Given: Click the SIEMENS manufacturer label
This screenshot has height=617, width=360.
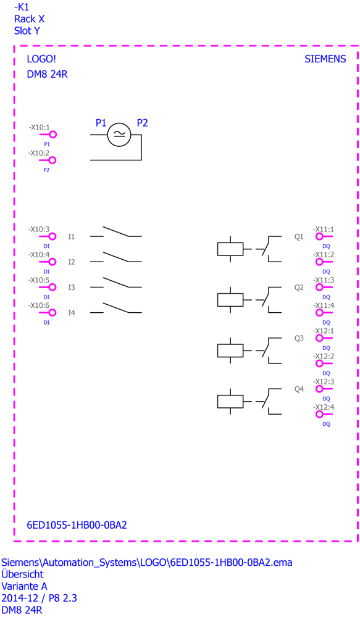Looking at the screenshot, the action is pos(325,59).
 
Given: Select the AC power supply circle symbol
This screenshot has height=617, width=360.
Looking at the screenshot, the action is pos(119,135).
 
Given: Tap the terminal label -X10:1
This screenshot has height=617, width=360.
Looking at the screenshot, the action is pos(39,128).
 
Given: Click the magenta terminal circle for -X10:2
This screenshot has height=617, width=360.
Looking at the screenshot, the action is pos(52,160).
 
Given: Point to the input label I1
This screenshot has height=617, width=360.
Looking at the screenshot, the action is pos(71,236).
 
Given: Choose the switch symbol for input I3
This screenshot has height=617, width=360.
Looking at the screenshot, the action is pos(116,283).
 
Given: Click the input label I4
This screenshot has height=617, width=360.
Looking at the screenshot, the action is pos(71,313).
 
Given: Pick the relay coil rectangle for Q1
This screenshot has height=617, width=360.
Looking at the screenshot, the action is pos(230,249).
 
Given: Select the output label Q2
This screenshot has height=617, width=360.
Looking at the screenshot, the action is pos(299,288).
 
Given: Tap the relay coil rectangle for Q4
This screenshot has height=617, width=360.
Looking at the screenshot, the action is pos(230,402).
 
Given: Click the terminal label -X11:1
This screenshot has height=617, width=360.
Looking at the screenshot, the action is pos(324,229).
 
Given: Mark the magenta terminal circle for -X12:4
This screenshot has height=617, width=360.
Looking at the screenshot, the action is pos(319,415).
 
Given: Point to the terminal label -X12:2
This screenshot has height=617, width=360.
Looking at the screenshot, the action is pos(324,356).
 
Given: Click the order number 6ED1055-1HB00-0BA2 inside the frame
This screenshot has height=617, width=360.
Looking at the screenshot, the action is pos(77,525).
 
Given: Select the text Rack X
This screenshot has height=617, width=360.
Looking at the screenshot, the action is pos(29,19).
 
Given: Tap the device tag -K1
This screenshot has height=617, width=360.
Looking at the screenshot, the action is pos(21,7).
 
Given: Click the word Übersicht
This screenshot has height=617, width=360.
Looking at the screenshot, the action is pos(22,574).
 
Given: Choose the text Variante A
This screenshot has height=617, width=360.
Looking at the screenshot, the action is pos(24,586).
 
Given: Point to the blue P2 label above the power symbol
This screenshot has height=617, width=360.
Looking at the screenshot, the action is pos(142,123).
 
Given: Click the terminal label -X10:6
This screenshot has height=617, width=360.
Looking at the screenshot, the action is pos(39,305).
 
